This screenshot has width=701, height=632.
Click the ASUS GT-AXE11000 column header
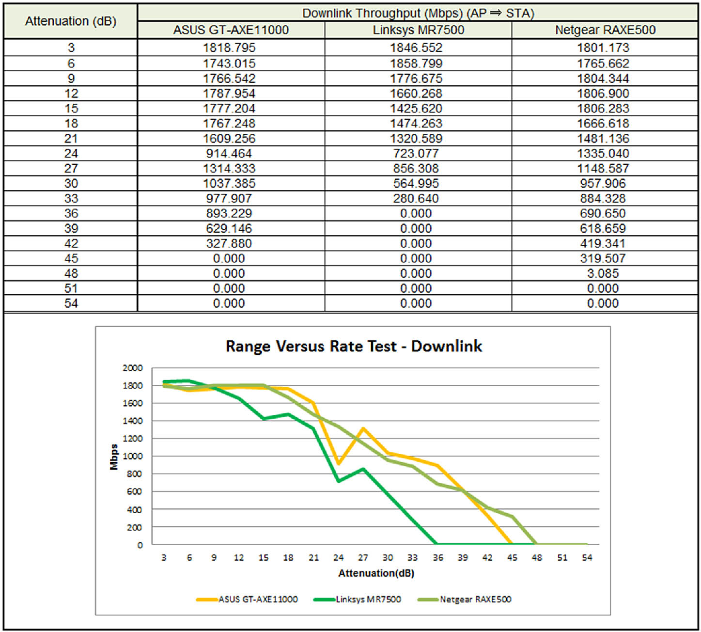(231, 30)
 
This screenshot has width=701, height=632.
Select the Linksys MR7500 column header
(418, 30)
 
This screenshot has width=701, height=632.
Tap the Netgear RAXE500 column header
(605, 30)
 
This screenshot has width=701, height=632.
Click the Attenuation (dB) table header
(71, 21)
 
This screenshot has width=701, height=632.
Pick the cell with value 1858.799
(416, 63)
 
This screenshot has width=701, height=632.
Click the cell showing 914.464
(229, 154)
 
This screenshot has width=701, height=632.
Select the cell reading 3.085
(603, 273)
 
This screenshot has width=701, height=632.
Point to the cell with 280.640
(416, 199)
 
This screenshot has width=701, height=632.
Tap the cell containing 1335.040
(603, 154)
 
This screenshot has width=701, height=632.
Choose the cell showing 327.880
(229, 243)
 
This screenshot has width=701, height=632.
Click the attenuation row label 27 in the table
(71, 169)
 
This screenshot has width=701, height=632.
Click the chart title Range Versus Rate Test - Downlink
(354, 347)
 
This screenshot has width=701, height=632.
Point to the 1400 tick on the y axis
(132, 421)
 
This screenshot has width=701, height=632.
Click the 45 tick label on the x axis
(512, 558)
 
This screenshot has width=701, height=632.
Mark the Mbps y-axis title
(114, 457)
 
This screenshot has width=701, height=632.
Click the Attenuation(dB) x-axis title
(376, 573)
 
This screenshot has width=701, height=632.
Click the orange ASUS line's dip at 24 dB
(339, 464)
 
